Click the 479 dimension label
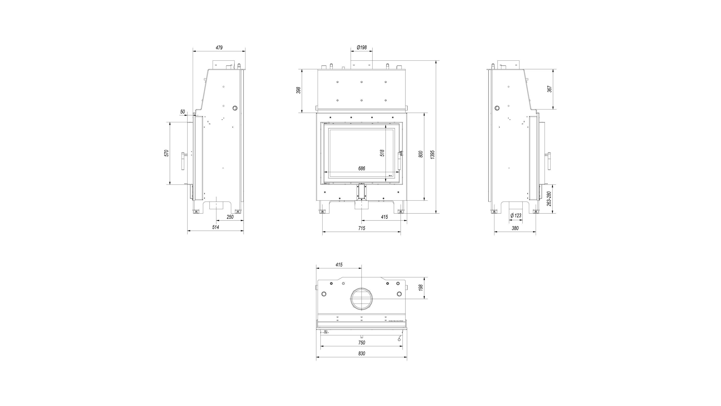coord(219,48)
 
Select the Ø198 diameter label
coord(362,47)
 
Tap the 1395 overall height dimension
coord(432,155)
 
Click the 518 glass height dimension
coord(382,153)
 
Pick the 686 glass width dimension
coord(362,168)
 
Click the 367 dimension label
coord(549,89)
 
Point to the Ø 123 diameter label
coord(516,215)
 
